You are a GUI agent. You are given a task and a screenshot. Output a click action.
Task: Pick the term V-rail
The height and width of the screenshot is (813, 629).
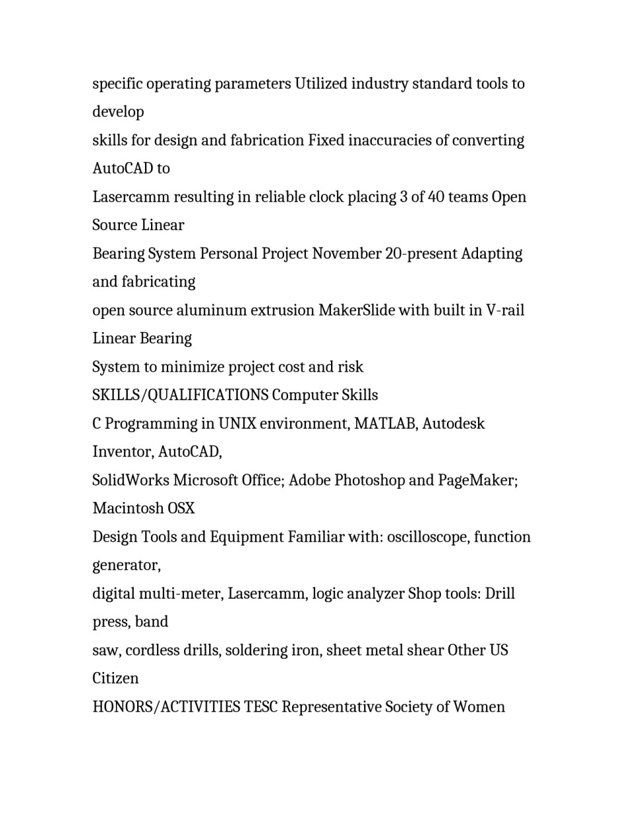pos(505,310)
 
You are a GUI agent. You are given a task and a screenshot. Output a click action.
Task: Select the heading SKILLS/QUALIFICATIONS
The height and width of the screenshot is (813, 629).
pos(180,396)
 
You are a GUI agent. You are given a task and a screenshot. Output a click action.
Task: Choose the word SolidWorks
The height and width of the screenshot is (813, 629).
pos(130,480)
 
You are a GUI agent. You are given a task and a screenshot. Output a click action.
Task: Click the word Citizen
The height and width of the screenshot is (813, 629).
pos(115,679)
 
